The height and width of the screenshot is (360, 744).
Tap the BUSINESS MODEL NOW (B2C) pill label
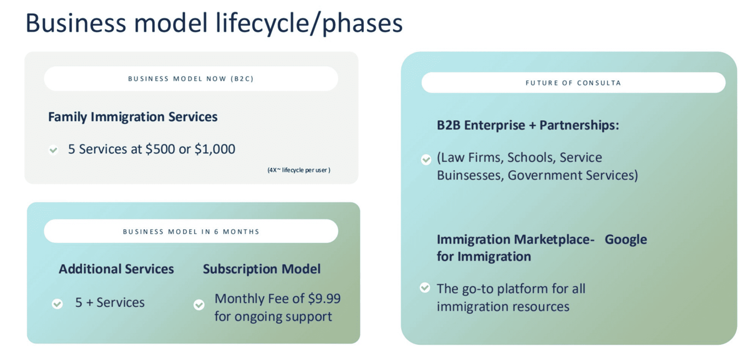coord(191,79)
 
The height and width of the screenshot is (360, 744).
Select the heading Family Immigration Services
coord(133,117)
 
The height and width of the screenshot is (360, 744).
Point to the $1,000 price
coord(215,149)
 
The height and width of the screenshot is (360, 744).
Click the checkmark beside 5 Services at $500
coord(53,150)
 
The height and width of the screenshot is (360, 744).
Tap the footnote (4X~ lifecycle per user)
coord(299,170)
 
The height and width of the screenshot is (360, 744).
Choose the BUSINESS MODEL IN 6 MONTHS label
coord(191,231)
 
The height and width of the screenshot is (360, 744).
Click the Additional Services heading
coord(116,269)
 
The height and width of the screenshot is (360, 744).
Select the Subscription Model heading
coord(261,269)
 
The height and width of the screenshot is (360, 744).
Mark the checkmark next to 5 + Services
coord(57,304)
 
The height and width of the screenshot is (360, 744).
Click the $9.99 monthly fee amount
coord(324,299)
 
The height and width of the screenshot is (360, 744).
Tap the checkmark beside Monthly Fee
coord(199,305)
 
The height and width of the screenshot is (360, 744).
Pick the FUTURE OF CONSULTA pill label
coord(573,83)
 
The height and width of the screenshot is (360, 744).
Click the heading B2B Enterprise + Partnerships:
coord(528,125)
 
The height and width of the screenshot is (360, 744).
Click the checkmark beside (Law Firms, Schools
coord(426,160)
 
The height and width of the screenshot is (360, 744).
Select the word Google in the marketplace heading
coord(626,240)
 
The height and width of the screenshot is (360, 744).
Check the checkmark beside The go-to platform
coord(425,287)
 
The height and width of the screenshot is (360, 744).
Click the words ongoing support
coord(283,317)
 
